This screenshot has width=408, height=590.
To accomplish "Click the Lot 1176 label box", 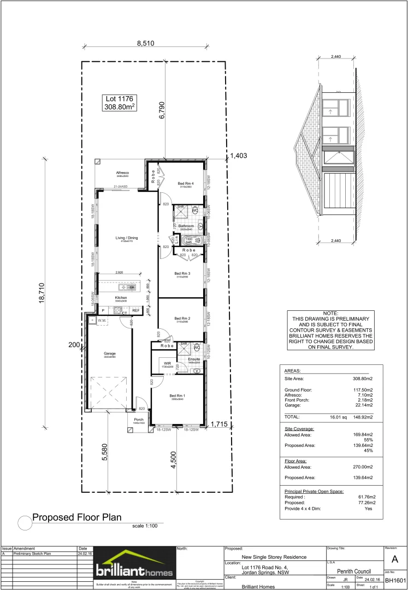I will (x=119, y=103).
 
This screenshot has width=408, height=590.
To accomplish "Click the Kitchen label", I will (x=121, y=298).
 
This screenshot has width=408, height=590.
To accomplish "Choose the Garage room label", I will (x=110, y=353).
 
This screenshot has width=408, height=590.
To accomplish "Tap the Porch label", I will (x=139, y=420).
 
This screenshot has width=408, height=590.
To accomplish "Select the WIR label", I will (x=168, y=363).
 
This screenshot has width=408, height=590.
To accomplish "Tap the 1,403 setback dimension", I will (x=238, y=156).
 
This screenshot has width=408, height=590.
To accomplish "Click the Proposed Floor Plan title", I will (x=76, y=517).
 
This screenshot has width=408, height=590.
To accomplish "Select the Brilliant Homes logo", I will (x=135, y=566).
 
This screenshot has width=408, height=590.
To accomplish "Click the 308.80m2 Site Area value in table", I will (x=361, y=377).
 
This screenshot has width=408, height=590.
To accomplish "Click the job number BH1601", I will (x=395, y=581).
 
